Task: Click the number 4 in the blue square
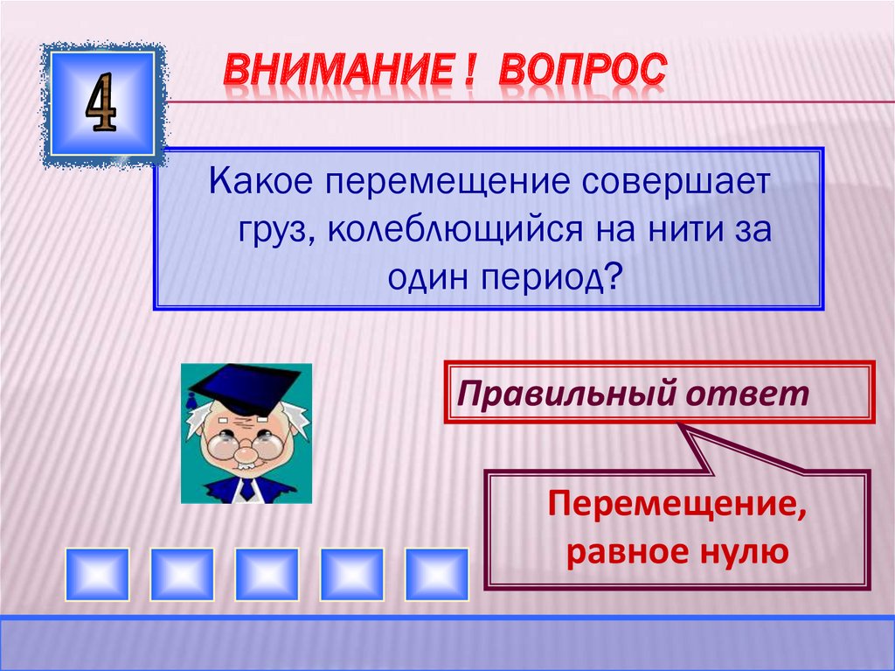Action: pyautogui.click(x=102, y=103)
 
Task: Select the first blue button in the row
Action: pyautogui.click(x=97, y=573)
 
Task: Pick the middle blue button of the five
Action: pyautogui.click(x=267, y=573)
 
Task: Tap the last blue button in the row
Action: pyautogui.click(x=436, y=573)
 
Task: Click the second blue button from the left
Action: pyautogui.click(x=182, y=573)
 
